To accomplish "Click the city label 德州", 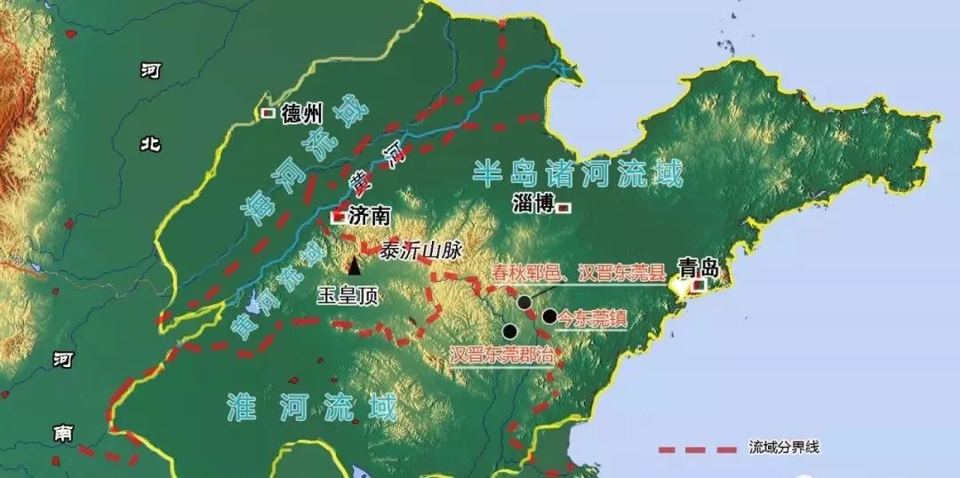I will [x=301, y=114].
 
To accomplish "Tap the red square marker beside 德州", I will [x=268, y=114].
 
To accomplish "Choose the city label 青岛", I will [x=698, y=267].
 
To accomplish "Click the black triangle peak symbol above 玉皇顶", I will [x=355, y=264].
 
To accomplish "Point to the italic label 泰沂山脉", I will [x=414, y=251].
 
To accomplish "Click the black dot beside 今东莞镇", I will [x=550, y=315].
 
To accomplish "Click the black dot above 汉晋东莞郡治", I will [x=509, y=331].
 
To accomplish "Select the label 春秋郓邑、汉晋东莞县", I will [x=577, y=274].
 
